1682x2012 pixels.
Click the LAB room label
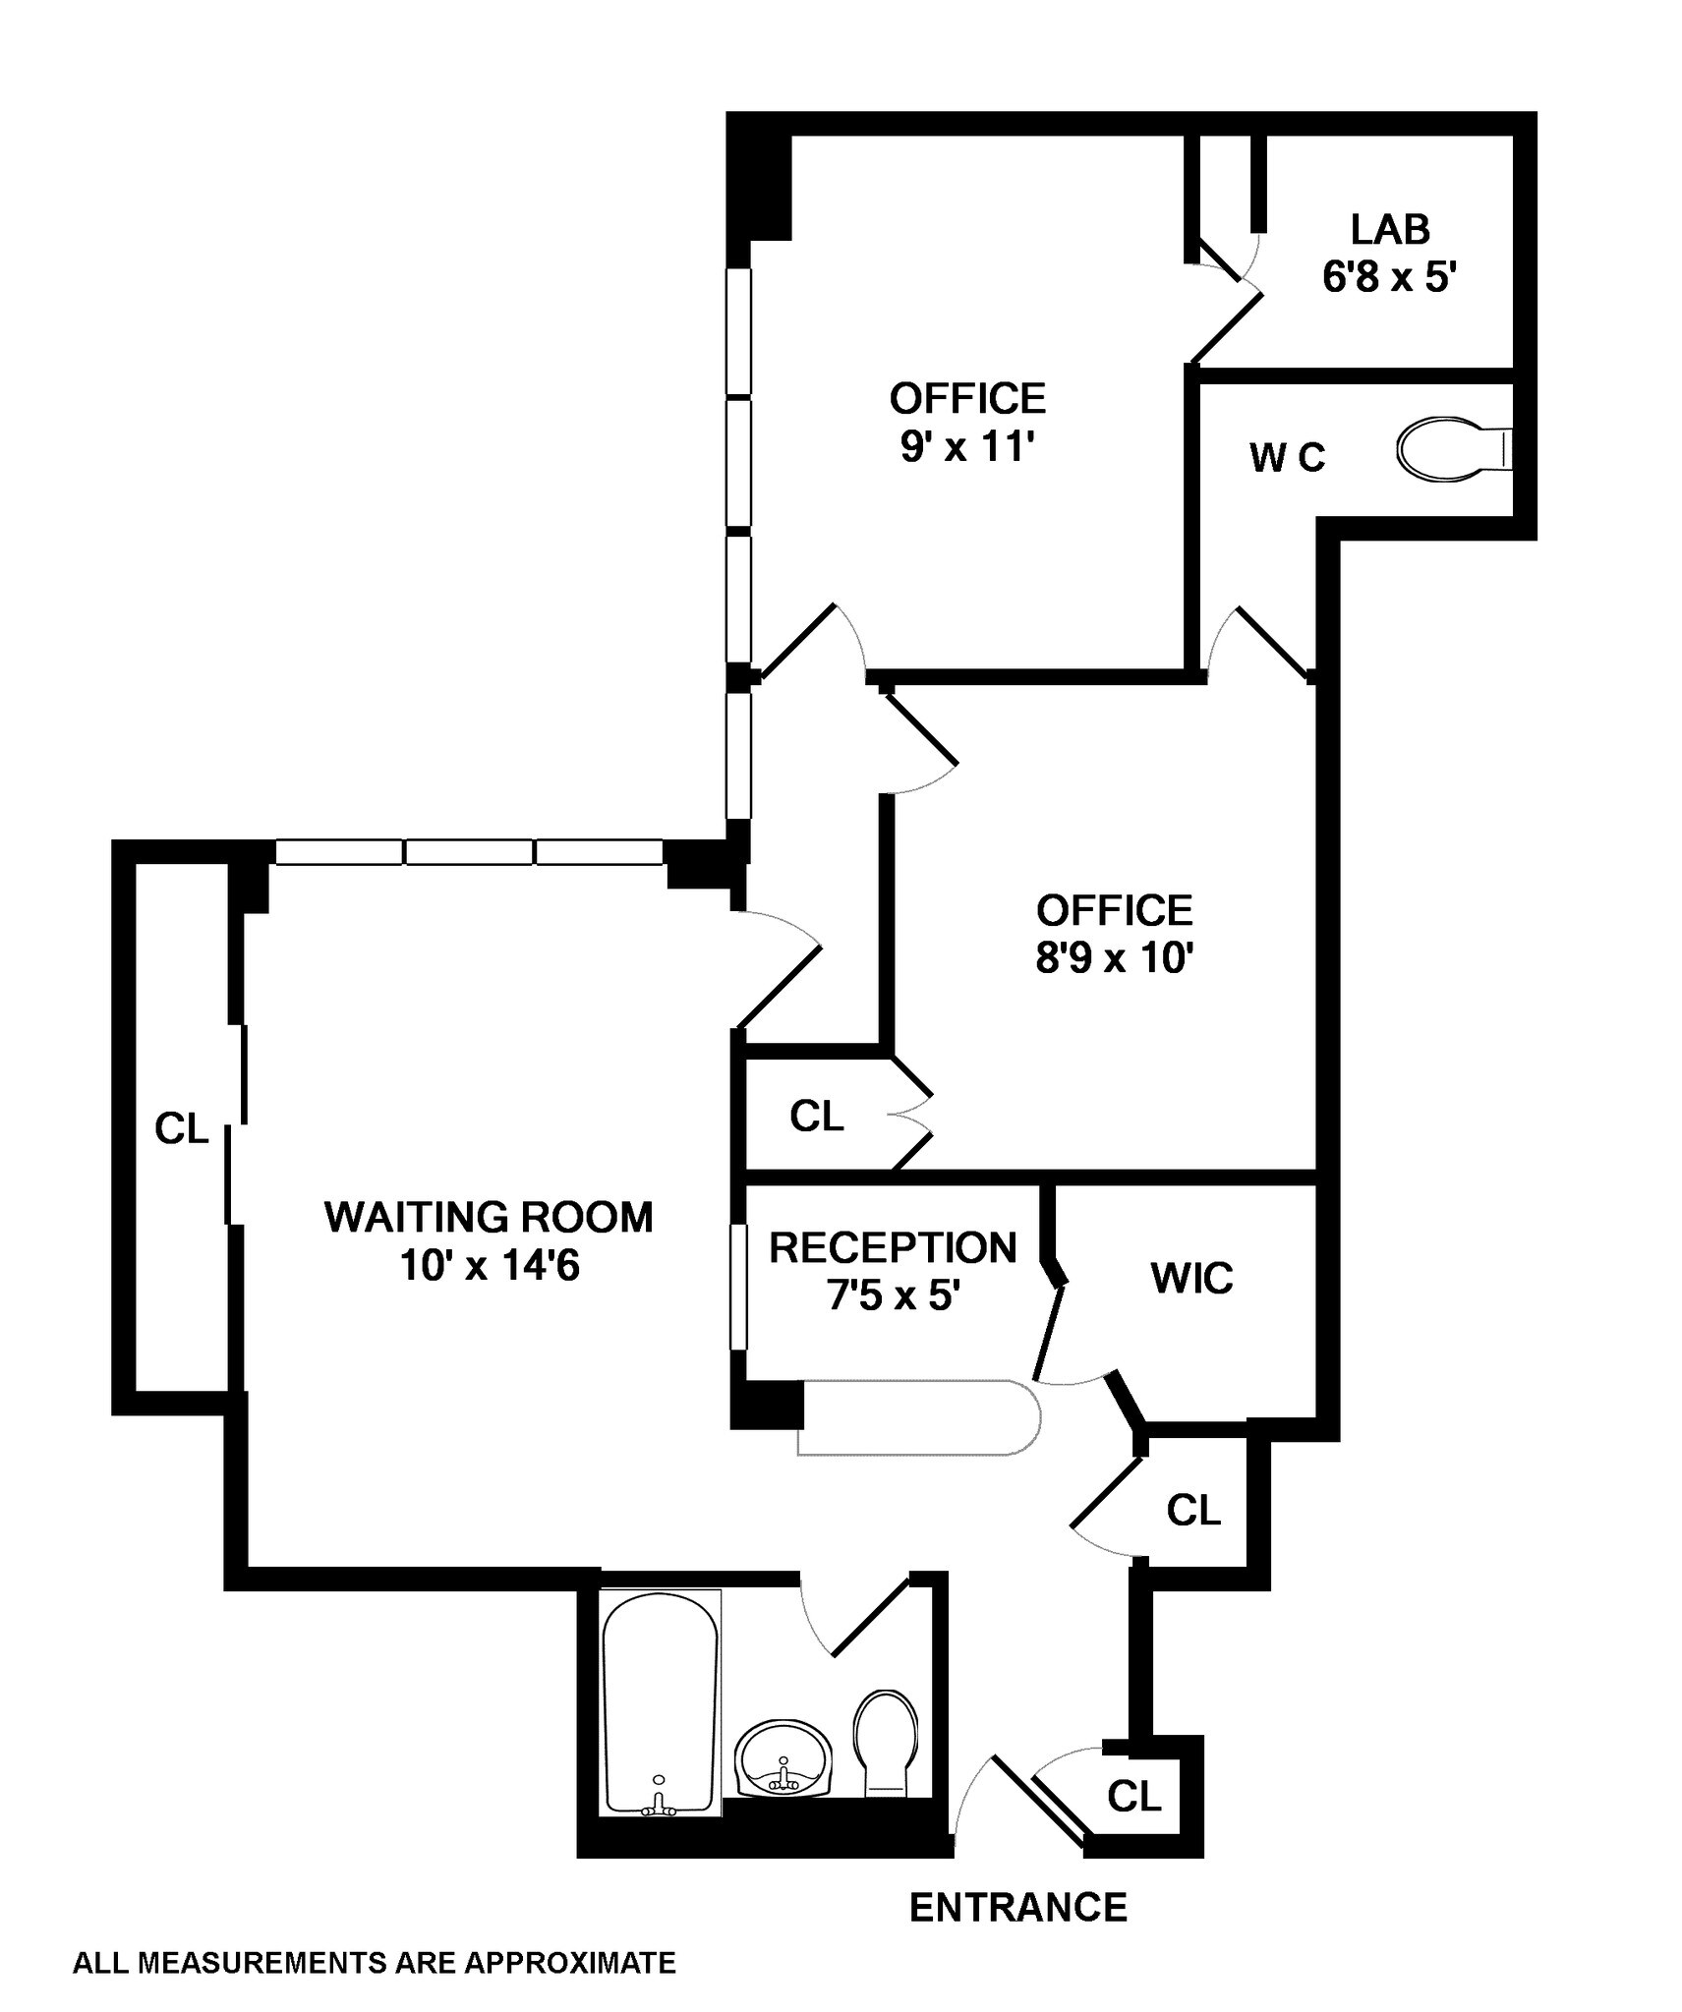(1389, 229)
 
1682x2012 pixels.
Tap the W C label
(1287, 457)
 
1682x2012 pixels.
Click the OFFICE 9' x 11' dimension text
(968, 448)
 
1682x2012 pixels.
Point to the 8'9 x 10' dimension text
(1114, 957)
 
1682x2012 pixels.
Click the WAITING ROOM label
(489, 1217)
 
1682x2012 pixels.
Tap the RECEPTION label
(893, 1247)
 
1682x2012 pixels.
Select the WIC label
(1191, 1279)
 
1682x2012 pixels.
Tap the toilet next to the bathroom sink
(886, 1744)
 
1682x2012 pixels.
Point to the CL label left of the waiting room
(182, 1129)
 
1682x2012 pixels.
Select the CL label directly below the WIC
(1193, 1510)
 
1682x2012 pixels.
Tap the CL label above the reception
(816, 1116)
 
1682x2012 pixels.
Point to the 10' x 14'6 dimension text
(489, 1266)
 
